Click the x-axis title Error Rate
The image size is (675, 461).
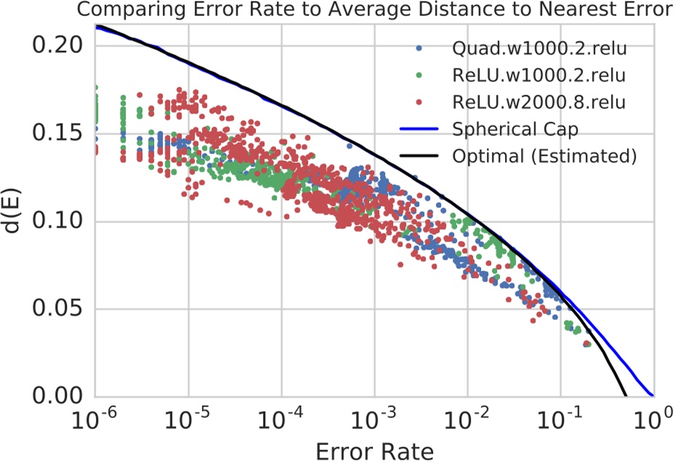374,450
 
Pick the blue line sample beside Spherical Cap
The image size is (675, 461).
421,129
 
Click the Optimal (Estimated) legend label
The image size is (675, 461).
544,156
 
